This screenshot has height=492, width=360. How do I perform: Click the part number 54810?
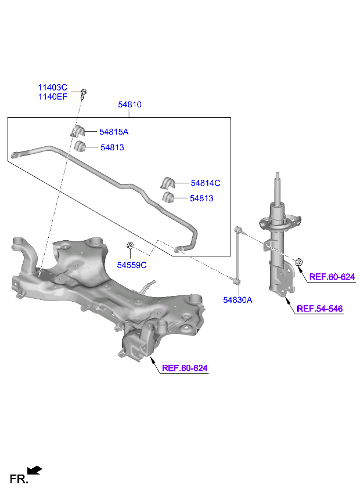point(129,105)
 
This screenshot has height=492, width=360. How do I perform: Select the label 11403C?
point(53,87)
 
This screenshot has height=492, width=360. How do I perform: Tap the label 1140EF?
point(53,97)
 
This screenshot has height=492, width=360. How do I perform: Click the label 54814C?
point(205,183)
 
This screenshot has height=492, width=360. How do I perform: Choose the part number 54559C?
point(131,265)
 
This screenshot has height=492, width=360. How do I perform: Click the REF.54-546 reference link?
point(320,309)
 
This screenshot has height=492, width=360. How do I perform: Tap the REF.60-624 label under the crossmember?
point(184,368)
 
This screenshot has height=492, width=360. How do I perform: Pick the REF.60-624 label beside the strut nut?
point(332,277)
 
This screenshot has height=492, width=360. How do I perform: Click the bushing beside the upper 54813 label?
point(79,147)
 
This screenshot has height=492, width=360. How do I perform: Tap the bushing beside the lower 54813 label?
point(168,198)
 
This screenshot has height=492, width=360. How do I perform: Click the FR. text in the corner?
point(19,479)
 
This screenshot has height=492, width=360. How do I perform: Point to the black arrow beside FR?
point(35,470)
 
